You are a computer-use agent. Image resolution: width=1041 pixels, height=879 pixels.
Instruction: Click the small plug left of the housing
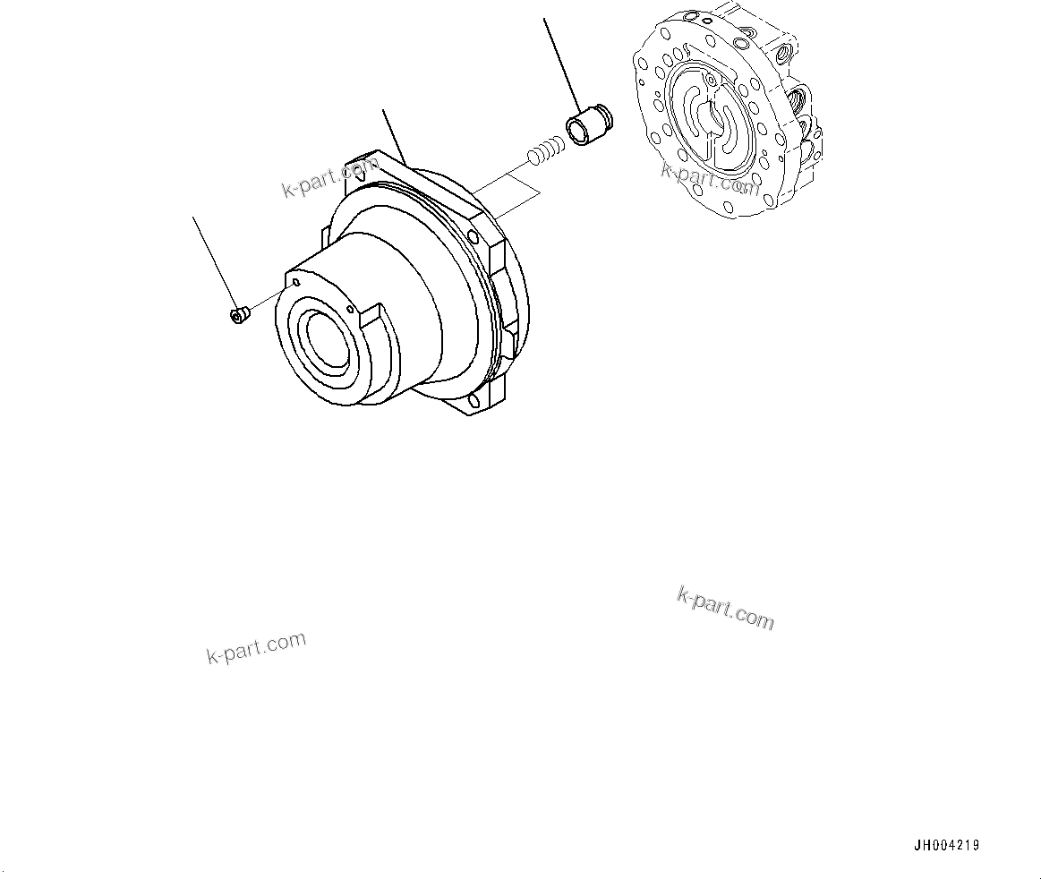[x=238, y=314]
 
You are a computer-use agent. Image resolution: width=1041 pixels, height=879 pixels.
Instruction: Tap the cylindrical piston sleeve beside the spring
[x=587, y=126]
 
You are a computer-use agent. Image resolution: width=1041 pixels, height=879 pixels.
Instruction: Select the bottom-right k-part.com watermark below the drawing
[x=726, y=608]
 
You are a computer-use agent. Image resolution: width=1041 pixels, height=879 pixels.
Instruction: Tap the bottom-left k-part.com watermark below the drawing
[x=256, y=647]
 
